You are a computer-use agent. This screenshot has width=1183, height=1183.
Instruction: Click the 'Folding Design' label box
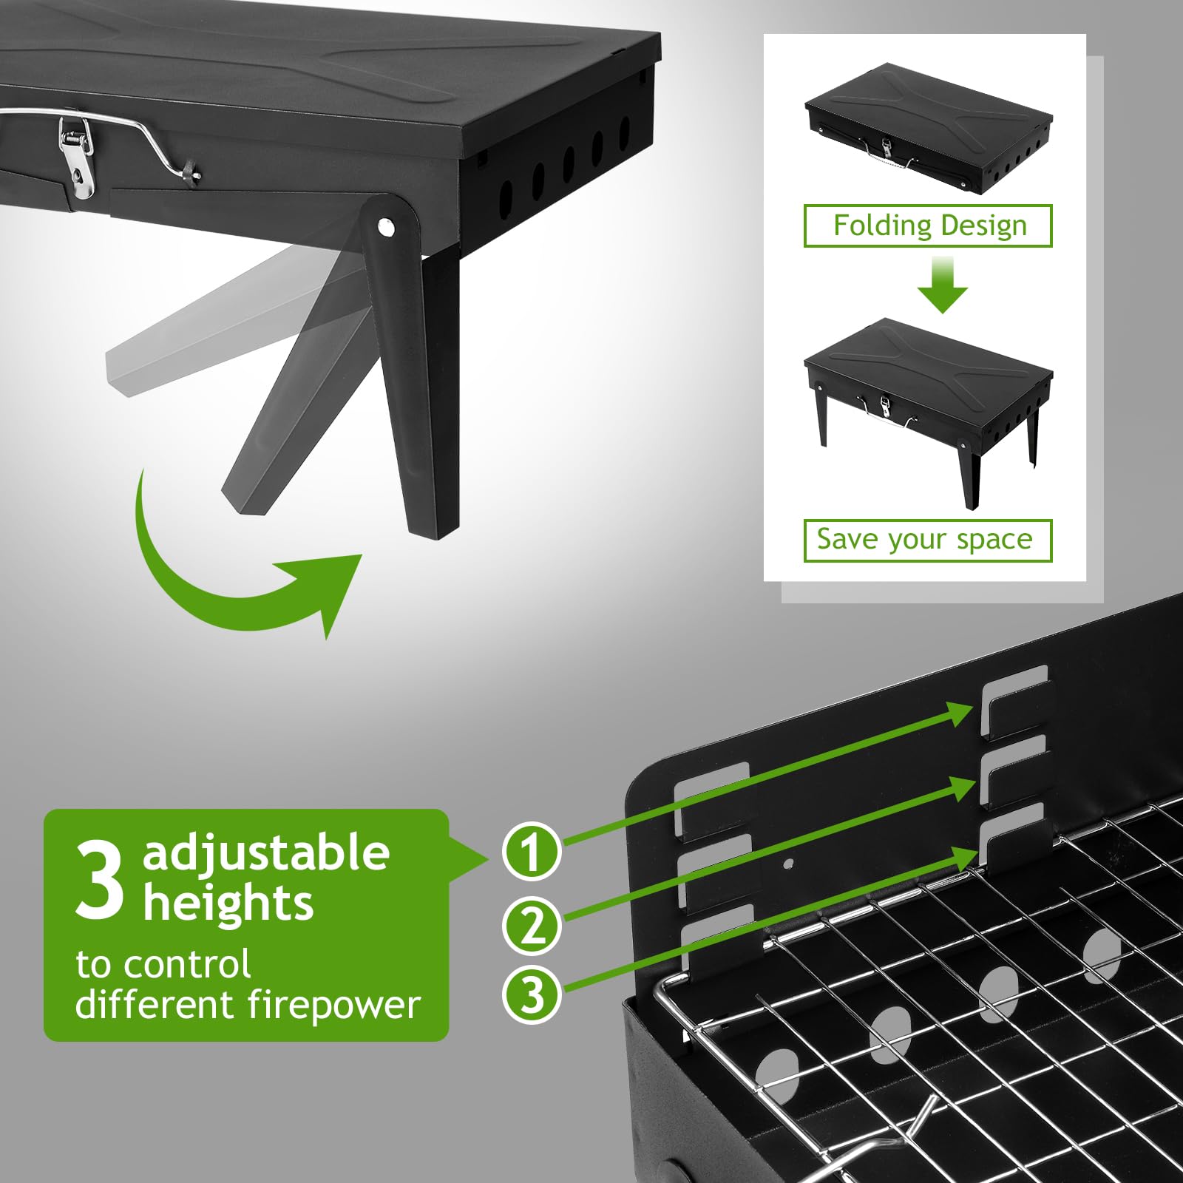pyautogui.click(x=928, y=226)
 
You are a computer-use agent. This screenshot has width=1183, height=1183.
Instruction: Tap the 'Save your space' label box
pyautogui.click(x=927, y=540)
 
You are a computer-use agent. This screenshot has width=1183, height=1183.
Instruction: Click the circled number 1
pyautogui.click(x=531, y=851)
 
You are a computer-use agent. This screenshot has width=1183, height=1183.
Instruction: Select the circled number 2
pyautogui.click(x=531, y=925)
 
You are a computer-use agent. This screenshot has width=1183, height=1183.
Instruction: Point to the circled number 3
pyautogui.click(x=531, y=994)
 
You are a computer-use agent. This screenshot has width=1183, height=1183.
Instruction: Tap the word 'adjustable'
pyautogui.click(x=266, y=854)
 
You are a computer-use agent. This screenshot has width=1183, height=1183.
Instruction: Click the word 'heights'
pyautogui.click(x=228, y=904)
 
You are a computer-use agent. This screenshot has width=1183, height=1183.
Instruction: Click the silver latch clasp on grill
pyautogui.click(x=77, y=159)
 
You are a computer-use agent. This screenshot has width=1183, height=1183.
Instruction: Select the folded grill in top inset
pyautogui.click(x=928, y=129)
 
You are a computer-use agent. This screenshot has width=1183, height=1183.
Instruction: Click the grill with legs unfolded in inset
pyautogui.click(x=928, y=399)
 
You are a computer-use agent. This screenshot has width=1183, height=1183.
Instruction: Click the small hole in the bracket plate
pyautogui.click(x=788, y=863)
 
